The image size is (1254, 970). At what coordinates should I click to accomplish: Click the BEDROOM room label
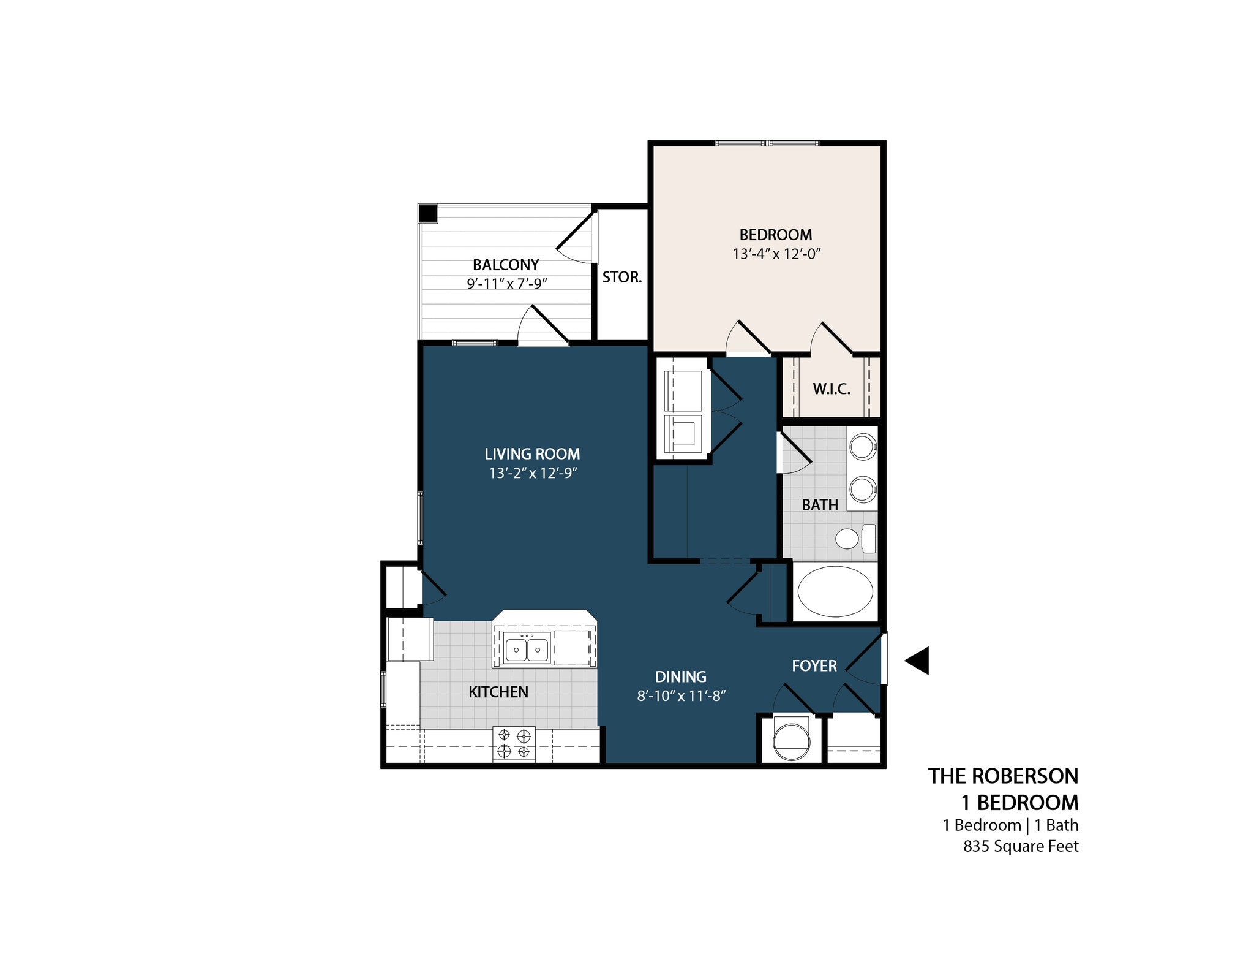pos(775,235)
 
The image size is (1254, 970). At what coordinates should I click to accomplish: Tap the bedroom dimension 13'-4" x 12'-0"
pos(776,254)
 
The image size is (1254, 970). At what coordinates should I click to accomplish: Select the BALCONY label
pos(506,265)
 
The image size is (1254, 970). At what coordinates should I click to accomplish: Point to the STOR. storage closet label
pos(621,278)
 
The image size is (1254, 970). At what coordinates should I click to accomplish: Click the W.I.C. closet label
pos(831,388)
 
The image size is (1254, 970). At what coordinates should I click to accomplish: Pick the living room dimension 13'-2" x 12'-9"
pos(533,473)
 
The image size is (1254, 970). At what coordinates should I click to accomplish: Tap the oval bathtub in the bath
pos(835,591)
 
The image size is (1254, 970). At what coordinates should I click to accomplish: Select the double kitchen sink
pos(526,649)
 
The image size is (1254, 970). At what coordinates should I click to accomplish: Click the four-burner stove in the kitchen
pos(514,743)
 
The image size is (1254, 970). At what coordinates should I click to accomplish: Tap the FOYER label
pos(814,666)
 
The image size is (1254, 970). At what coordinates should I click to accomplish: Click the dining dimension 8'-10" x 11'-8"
pos(681,695)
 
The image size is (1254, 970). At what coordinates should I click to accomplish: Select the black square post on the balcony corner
pos(427,213)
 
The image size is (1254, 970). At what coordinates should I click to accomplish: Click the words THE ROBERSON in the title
pos(1002,776)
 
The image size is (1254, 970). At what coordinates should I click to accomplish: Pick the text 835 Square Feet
pos(1020,846)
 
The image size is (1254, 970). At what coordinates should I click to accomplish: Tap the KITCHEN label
pos(498,692)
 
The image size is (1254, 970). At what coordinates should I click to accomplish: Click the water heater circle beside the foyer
pos(790,740)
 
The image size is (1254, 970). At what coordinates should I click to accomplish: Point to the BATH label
pos(820,505)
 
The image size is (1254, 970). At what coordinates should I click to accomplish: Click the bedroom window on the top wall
pos(766,143)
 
